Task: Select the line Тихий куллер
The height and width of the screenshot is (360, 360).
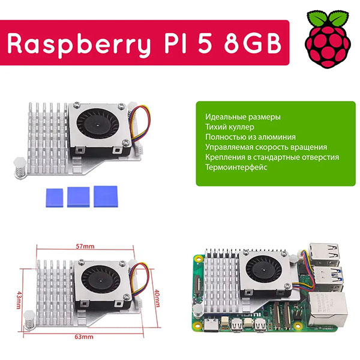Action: [x=229, y=127]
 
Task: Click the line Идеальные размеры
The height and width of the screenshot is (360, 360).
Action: [x=242, y=117]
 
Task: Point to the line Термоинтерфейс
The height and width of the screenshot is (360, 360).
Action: [x=236, y=167]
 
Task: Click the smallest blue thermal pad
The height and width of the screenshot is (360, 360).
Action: [x=54, y=196]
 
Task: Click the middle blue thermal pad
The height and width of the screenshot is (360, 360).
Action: [x=78, y=195]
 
